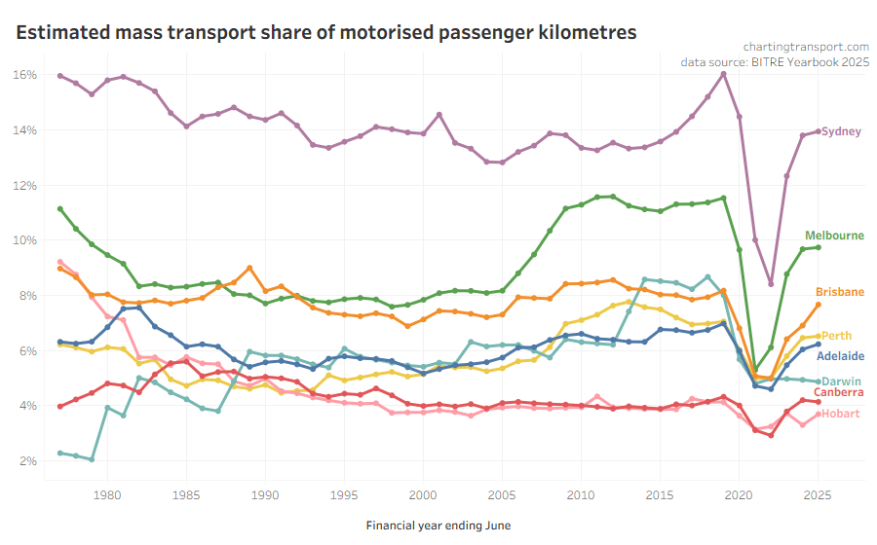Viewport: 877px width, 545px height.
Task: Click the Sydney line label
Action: point(841,131)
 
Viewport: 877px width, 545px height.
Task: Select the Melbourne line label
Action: point(834,236)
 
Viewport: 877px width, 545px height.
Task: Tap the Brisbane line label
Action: point(840,292)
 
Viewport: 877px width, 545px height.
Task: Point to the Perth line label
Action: point(837,336)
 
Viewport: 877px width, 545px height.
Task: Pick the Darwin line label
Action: point(840,381)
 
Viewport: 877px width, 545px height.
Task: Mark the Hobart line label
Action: point(840,415)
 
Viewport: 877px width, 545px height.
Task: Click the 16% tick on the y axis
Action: point(25,75)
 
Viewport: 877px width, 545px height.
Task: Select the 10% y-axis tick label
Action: point(25,240)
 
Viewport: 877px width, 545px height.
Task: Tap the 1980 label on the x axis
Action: point(107,493)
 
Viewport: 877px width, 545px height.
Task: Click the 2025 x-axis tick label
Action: point(818,493)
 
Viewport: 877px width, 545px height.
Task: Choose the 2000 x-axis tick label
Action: point(423,493)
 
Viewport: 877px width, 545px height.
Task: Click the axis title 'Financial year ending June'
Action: point(438,526)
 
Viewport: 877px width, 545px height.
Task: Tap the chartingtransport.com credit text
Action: point(805,46)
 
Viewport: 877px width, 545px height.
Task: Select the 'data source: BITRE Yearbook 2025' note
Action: point(775,62)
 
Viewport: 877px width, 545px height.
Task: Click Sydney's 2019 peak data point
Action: point(723,74)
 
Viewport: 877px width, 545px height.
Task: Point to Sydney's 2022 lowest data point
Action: point(771,284)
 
